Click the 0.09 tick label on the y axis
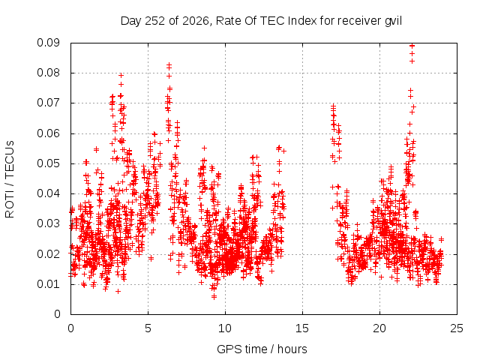point(48,43)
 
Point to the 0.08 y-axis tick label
point(48,73)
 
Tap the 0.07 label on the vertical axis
point(48,103)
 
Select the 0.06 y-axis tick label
point(48,133)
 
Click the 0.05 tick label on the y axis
point(48,163)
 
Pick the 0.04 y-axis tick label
point(48,193)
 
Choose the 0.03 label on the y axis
point(48,223)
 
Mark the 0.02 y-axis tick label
point(48,254)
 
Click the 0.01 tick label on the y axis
point(48,284)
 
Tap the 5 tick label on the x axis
point(148,328)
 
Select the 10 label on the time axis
point(225,328)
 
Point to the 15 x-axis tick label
point(302,328)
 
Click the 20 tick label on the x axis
point(379,328)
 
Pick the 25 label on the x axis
point(457,328)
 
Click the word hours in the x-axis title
point(292,349)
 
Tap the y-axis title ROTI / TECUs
point(10,179)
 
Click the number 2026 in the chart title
point(195,21)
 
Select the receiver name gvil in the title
point(393,21)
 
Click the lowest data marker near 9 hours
point(214,296)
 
